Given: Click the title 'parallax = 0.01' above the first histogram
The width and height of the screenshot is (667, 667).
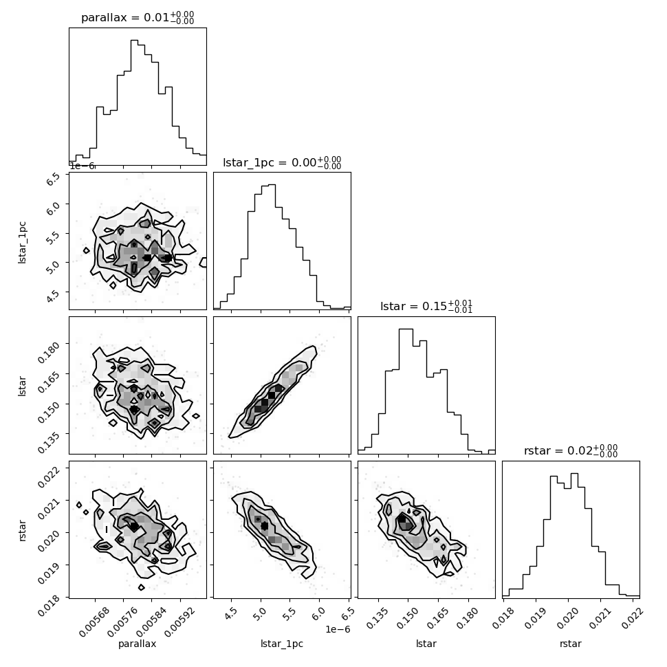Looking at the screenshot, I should pos(138,18).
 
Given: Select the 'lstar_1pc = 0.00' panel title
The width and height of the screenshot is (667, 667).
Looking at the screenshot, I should pos(282,162).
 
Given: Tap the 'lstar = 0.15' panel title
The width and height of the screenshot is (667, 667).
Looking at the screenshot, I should pos(426,307).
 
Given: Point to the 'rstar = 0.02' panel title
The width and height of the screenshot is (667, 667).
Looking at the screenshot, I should pos(571,451).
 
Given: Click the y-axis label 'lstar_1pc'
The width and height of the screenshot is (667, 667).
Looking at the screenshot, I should pos(23,241).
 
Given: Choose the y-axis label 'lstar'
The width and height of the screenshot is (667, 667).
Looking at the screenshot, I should pos(23,385).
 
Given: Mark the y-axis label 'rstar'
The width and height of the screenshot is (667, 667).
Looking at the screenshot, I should pos(23,529).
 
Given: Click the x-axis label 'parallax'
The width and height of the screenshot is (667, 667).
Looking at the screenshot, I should pos(138,644).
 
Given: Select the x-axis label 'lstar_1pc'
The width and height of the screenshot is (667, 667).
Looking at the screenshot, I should pos(282,644).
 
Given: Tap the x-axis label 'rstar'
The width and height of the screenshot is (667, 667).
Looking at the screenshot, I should pos(571,644).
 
